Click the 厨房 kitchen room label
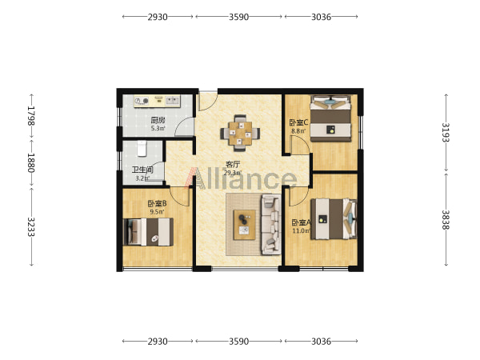(158, 120)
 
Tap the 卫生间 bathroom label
(142, 170)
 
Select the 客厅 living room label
(233, 164)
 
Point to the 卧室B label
(157, 203)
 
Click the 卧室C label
(298, 122)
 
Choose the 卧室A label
(302, 222)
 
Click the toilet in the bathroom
(142, 149)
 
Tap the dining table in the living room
(240, 133)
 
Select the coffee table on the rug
(245, 225)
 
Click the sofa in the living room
(271, 224)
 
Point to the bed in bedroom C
(330, 118)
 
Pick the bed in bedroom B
(148, 232)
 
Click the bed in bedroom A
(334, 219)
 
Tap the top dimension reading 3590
(238, 17)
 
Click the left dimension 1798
(31, 116)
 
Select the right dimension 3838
(446, 219)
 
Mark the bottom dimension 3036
(321, 342)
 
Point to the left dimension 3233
(31, 227)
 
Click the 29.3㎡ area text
(233, 173)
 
